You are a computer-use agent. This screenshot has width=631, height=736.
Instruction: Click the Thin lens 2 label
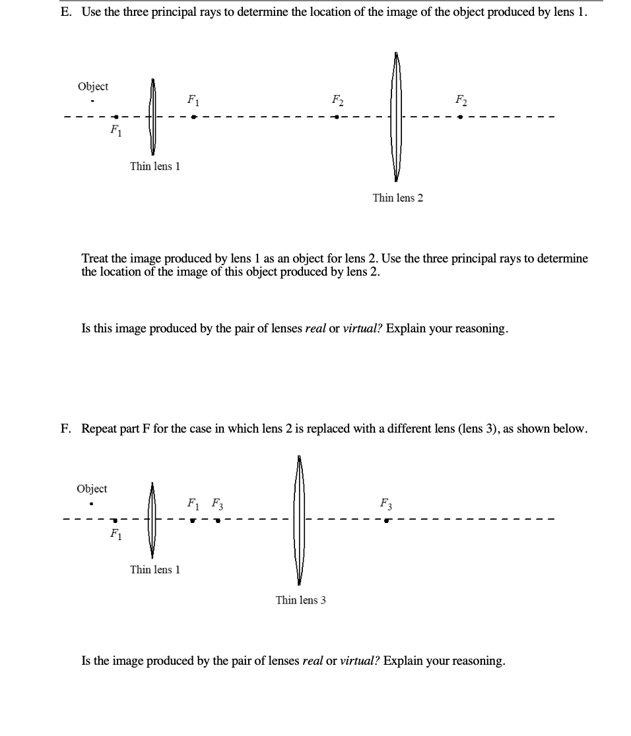click(x=397, y=198)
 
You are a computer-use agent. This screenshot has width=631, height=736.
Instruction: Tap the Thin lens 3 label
click(x=300, y=600)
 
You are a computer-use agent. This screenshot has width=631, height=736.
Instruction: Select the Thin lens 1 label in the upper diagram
click(x=155, y=166)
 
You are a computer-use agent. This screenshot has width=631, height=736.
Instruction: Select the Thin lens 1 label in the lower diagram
click(x=155, y=570)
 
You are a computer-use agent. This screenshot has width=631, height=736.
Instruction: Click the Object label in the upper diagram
click(x=93, y=86)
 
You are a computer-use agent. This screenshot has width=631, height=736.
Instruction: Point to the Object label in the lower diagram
click(x=92, y=489)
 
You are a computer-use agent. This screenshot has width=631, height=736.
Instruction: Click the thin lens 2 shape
click(x=396, y=117)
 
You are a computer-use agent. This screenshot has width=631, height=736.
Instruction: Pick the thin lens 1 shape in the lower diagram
click(x=152, y=520)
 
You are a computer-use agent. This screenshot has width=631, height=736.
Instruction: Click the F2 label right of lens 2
click(x=461, y=101)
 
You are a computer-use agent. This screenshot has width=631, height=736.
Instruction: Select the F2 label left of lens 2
click(x=337, y=101)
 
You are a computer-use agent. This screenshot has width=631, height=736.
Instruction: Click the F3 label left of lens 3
click(x=216, y=505)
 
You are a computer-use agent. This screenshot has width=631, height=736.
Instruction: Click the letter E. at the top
click(x=67, y=14)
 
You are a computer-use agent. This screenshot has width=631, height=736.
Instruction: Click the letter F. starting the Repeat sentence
click(x=65, y=429)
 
